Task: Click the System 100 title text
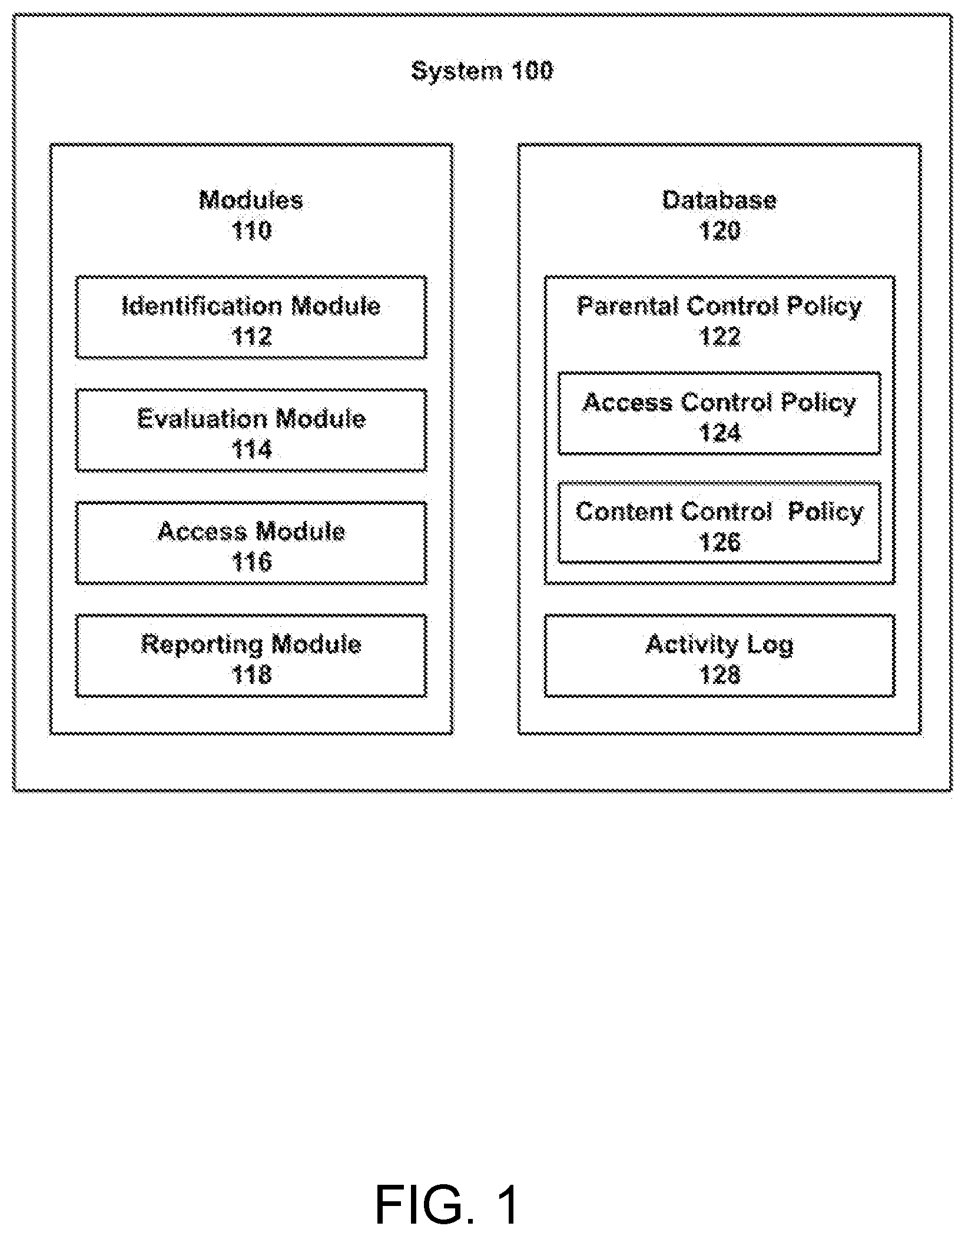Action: click(482, 71)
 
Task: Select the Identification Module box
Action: click(251, 317)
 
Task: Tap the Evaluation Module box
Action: click(251, 430)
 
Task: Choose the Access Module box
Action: click(251, 543)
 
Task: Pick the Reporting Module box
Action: click(251, 656)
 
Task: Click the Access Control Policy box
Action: click(719, 413)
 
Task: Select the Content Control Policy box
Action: click(719, 523)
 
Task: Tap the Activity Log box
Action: click(719, 656)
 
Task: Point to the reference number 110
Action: click(251, 230)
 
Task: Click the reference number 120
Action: click(719, 230)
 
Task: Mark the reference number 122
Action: click(719, 336)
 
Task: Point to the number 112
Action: click(251, 336)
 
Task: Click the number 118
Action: click(251, 675)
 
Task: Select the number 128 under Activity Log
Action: click(719, 675)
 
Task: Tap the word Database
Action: click(719, 200)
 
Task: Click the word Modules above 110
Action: click(251, 200)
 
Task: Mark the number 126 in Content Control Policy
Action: click(719, 542)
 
